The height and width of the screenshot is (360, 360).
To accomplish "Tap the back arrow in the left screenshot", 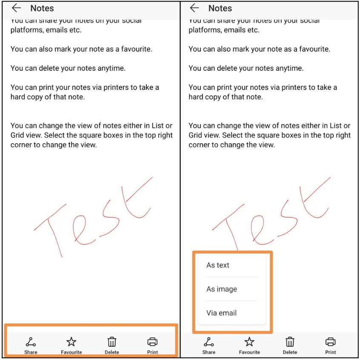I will pyautogui.click(x=17, y=8).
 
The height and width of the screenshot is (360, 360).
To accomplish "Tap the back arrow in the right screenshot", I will pyautogui.click(x=194, y=8).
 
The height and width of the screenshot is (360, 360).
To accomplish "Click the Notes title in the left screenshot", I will pyautogui.click(x=42, y=8).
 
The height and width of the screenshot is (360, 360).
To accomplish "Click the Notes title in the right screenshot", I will pyautogui.click(x=220, y=8).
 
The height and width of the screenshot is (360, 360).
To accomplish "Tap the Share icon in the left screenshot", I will pyautogui.click(x=31, y=342).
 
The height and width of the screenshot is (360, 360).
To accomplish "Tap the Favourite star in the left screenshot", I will pyautogui.click(x=71, y=342).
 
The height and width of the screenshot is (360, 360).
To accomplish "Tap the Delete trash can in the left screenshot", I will pyautogui.click(x=111, y=342).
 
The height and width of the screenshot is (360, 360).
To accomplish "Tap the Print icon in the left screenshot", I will pyautogui.click(x=152, y=342).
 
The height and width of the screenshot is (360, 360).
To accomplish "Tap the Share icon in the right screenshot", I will pyautogui.click(x=209, y=342).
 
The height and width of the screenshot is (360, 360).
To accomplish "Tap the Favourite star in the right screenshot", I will pyautogui.click(x=249, y=342).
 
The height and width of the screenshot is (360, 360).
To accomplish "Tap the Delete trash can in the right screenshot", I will pyautogui.click(x=290, y=342).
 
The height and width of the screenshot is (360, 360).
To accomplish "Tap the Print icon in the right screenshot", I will pyautogui.click(x=331, y=342).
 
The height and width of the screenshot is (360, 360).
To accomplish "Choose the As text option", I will pyautogui.click(x=218, y=265).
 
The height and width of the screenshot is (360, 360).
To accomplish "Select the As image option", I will pyautogui.click(x=222, y=289).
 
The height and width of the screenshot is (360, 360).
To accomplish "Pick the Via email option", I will pyautogui.click(x=221, y=313).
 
